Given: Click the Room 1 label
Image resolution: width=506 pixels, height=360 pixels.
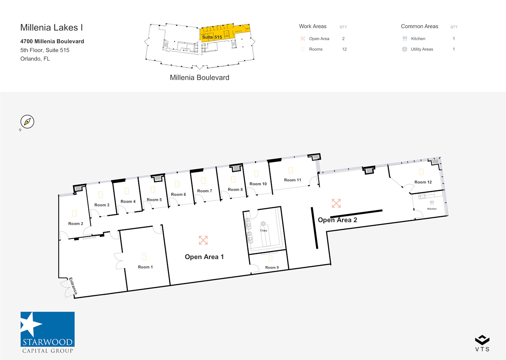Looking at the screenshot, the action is tap(145, 267).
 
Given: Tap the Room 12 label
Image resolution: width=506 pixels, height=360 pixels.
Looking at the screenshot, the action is tap(423, 182).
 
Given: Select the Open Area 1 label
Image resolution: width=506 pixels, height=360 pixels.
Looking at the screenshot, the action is tap(204, 257).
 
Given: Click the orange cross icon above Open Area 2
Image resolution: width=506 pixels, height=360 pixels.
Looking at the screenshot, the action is tap(336, 203).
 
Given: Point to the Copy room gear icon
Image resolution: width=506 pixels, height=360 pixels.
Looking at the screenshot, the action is tap(263, 224).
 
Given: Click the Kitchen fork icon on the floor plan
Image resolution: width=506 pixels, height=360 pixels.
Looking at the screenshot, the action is tap(432, 203).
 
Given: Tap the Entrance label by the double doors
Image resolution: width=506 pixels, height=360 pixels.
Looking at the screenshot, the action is tap(73, 286).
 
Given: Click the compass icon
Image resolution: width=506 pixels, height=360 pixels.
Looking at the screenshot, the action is tap(27, 122).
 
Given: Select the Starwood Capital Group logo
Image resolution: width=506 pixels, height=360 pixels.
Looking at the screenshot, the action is tap(48, 332).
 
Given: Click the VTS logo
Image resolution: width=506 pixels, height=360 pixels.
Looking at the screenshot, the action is tap(482, 343).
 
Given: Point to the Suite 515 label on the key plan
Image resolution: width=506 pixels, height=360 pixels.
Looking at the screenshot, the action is tap(212, 37).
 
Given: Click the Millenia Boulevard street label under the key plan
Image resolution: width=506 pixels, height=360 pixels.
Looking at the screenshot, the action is tap(199, 78).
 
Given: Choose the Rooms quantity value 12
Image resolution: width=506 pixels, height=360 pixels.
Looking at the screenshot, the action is tap(344, 49).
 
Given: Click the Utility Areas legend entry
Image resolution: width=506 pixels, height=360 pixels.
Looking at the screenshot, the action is tap(422, 49).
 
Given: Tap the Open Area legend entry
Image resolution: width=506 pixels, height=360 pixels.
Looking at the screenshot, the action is tap(319, 39).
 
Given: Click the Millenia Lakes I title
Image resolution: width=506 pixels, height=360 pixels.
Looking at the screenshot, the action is tap(52, 28).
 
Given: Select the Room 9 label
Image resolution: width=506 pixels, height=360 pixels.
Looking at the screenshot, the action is tap(272, 268).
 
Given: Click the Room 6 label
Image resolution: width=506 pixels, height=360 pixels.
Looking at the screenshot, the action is tap(178, 194).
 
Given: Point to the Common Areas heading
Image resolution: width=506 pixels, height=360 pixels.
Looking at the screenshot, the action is tap(419, 26).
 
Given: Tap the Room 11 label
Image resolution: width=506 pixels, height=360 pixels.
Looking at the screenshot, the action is tap(292, 180).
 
